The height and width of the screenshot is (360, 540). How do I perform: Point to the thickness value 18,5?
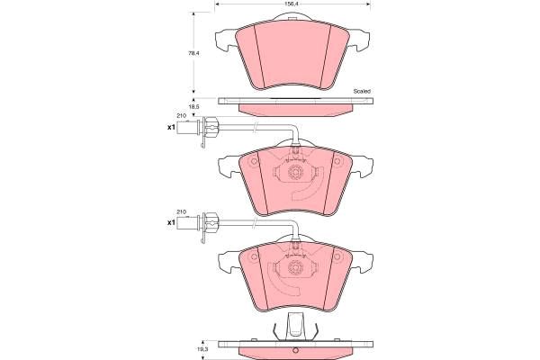coord(194,107)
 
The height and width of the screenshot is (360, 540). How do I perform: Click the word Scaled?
coord(362,91)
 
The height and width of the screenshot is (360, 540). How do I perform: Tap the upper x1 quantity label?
coord(171,128)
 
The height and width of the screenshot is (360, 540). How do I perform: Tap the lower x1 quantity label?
coord(171,222)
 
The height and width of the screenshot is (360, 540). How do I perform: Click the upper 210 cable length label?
coord(182,115)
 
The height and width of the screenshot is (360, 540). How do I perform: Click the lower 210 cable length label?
coord(182,211)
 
